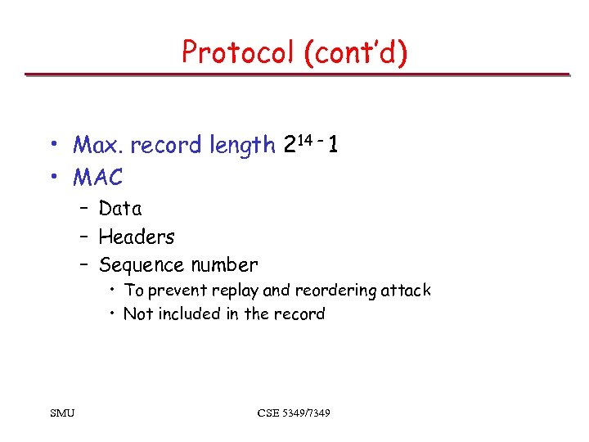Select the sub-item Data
click(120, 209)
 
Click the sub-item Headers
click(137, 237)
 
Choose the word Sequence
click(140, 265)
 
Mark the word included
click(188, 314)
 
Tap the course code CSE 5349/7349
click(294, 413)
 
